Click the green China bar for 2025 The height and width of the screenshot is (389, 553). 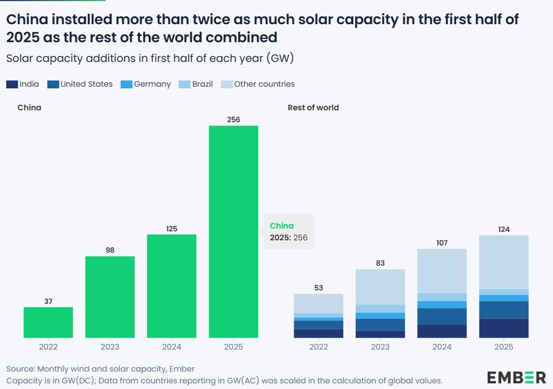click(x=233, y=231)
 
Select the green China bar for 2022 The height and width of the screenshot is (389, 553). click(x=48, y=322)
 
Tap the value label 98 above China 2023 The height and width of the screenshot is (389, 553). click(x=110, y=250)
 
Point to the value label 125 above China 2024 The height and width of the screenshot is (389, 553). click(x=171, y=229)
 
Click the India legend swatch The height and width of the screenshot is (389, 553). click(x=12, y=84)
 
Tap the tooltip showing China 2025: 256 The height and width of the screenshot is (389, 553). click(x=289, y=231)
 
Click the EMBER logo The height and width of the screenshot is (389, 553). click(x=516, y=377)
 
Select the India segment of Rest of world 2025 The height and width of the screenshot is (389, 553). click(x=503, y=328)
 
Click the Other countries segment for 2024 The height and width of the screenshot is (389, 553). click(x=442, y=271)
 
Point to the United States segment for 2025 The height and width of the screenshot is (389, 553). click(x=503, y=310)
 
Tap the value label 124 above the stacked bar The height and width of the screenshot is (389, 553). click(x=503, y=229)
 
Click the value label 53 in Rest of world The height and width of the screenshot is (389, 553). click(x=318, y=288)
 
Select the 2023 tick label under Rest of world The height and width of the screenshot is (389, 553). click(x=380, y=347)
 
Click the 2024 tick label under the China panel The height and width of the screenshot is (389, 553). click(x=171, y=347)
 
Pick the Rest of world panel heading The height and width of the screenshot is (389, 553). click(x=313, y=108)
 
